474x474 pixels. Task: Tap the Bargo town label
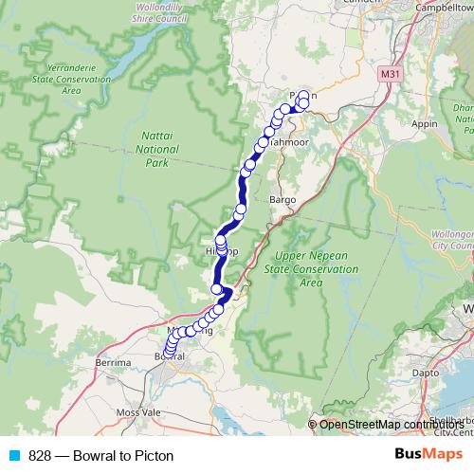point(283,201)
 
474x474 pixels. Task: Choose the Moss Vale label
point(137,415)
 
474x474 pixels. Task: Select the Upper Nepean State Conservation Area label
point(316,269)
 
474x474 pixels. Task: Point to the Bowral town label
point(168,355)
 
